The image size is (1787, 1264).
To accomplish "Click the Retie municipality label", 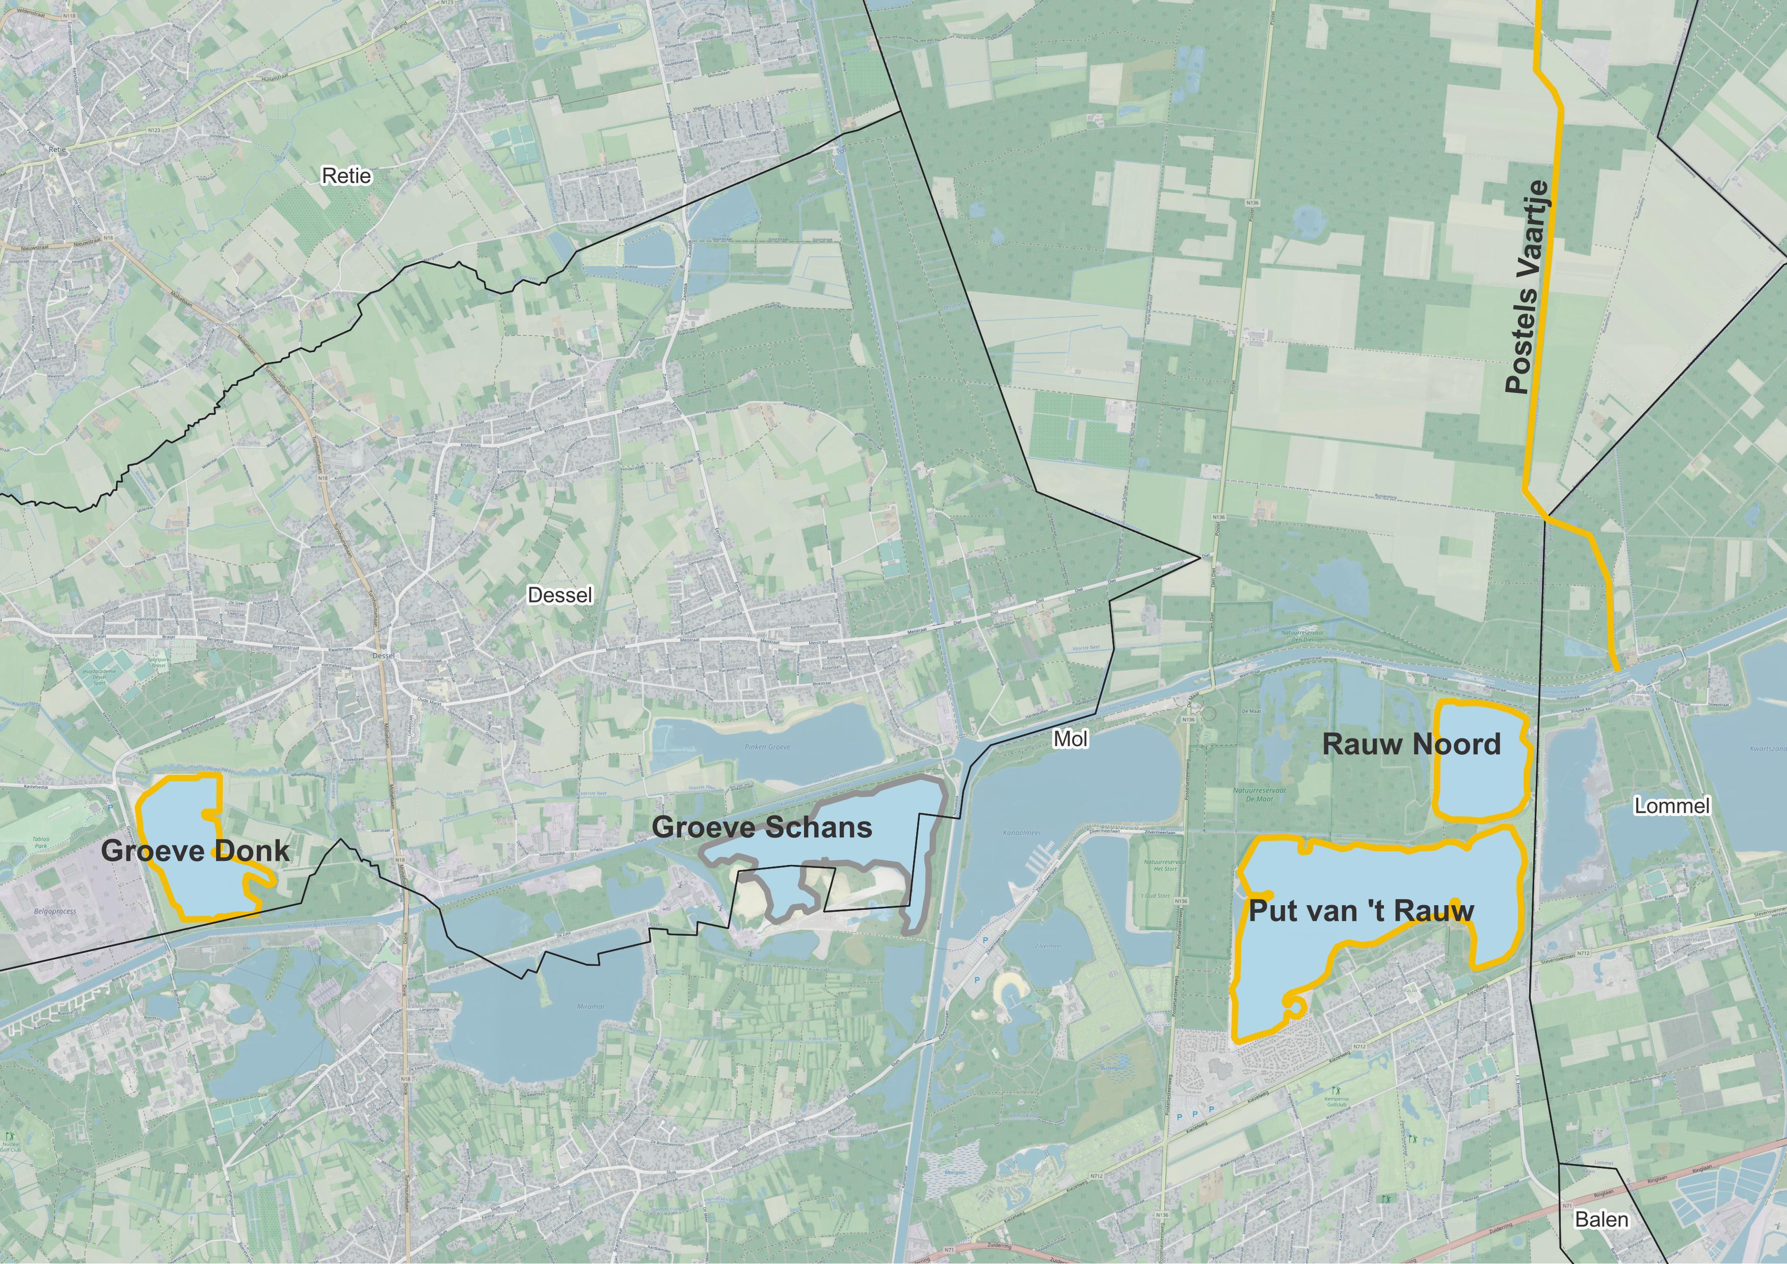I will (346, 176).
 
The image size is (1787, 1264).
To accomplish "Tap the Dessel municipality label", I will (559, 595).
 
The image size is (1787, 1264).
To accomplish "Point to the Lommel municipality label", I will (1672, 806).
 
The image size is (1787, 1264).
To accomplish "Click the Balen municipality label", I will (1601, 1219).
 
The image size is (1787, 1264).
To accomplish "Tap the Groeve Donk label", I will (195, 851).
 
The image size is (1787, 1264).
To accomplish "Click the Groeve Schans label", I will (762, 827).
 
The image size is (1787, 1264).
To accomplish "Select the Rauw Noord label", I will (1411, 744).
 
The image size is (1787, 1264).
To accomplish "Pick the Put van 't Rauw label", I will (1361, 911).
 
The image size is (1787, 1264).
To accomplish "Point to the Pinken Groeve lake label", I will (767, 746).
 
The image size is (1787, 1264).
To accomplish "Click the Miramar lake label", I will (590, 1007).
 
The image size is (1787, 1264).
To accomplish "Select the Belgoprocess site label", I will (55, 911).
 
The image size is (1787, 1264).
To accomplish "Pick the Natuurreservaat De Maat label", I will (1259, 795).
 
